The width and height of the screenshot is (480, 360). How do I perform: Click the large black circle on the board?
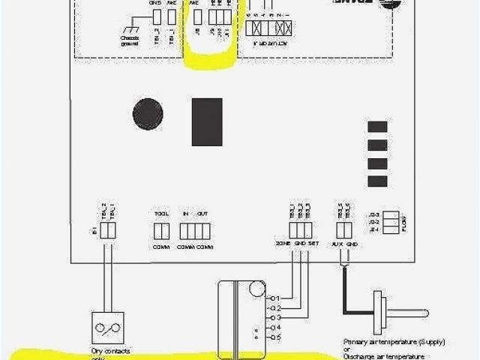148,114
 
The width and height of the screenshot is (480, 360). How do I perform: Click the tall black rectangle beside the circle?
206,121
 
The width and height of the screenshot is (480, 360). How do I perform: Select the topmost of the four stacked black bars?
377,127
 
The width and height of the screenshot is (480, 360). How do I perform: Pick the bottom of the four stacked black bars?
377,181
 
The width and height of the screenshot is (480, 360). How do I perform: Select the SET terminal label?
313,244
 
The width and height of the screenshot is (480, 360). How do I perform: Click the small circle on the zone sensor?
256,289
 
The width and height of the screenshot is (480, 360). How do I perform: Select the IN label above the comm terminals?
185,214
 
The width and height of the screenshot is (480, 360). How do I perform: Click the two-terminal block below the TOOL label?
160,230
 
